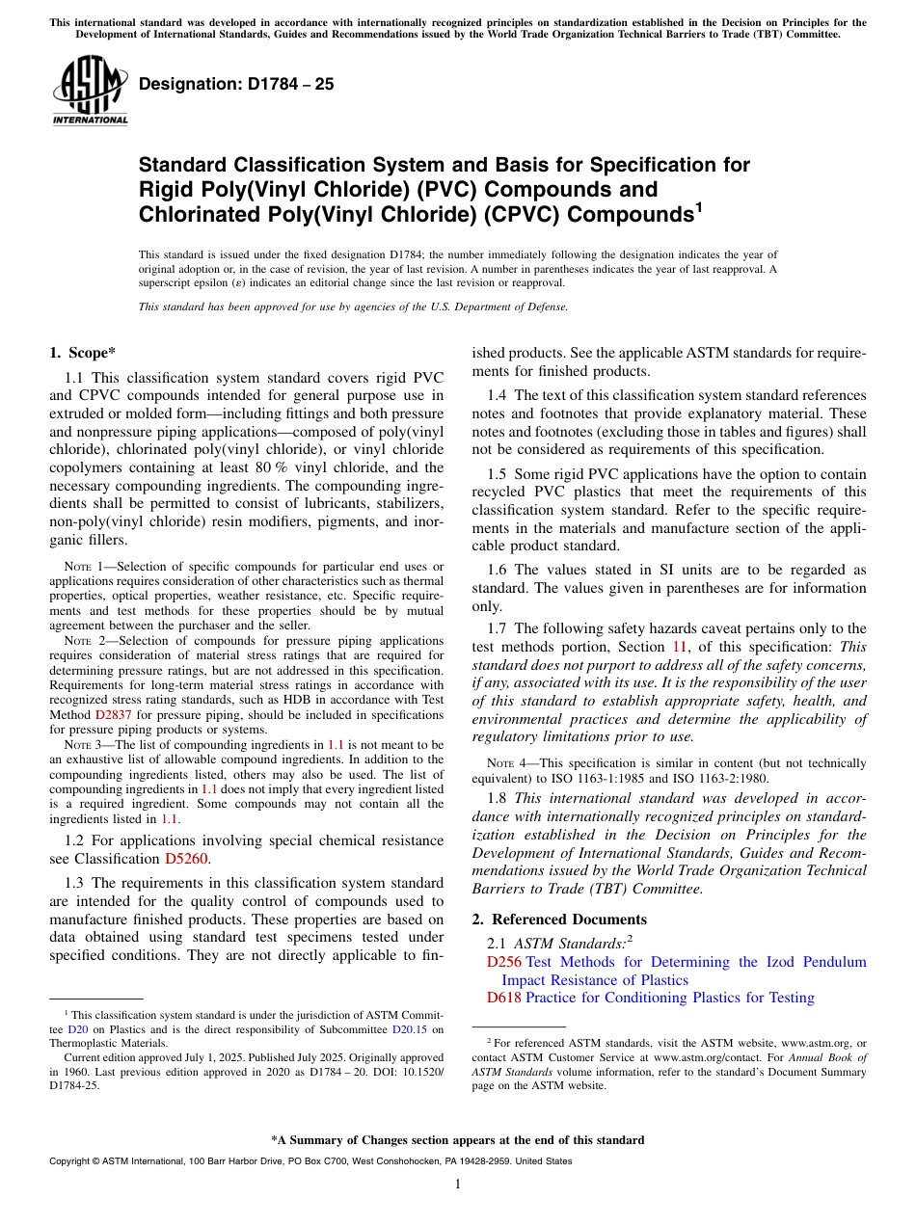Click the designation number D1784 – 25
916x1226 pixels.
click(236, 84)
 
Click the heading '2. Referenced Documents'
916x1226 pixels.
click(559, 919)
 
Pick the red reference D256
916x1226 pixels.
click(503, 962)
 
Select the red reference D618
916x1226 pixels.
click(503, 998)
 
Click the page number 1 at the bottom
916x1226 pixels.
click(458, 1185)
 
